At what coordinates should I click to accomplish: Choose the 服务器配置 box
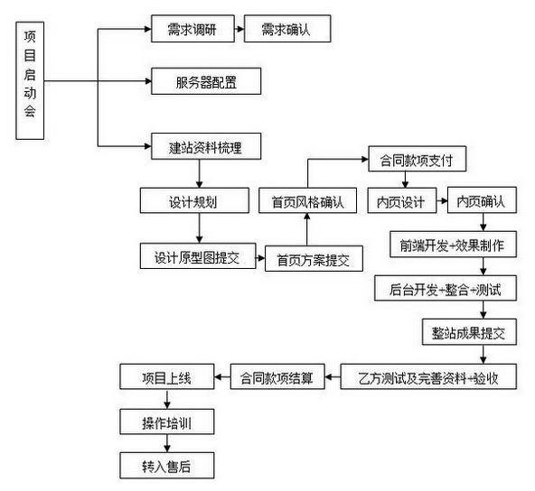(206, 84)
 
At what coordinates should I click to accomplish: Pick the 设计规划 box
(192, 200)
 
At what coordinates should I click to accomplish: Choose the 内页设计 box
(401, 200)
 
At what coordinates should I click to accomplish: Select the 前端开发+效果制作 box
(452, 245)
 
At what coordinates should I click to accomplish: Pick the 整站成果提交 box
(467, 332)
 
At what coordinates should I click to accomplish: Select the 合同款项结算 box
(276, 376)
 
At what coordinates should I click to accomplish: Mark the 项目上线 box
(167, 376)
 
